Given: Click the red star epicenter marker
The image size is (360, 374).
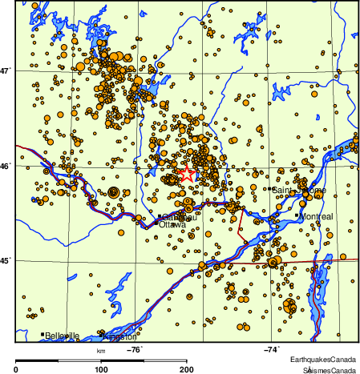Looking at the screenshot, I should pos(186,173).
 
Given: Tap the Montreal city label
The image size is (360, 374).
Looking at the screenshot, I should pos(317,216).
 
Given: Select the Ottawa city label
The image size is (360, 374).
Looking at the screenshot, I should pos(172,225).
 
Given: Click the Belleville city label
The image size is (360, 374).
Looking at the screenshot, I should pos(63,336).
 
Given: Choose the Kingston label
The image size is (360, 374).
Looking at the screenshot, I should pos(120,336).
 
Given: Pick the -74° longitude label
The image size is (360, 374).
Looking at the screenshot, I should pos(271,348).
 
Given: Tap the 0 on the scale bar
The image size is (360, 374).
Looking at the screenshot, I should pos(17,369).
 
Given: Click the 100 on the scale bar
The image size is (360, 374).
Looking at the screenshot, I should pos(102,369).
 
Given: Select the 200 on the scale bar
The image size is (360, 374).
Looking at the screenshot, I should pos(186,369).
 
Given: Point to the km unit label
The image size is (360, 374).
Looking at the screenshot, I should pos(101,350).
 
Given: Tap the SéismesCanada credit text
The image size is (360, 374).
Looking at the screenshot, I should pos(328,369).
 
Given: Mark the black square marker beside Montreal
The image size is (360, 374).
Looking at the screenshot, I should pos(297,215).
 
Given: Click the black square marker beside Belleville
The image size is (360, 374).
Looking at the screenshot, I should pos(42,335).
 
